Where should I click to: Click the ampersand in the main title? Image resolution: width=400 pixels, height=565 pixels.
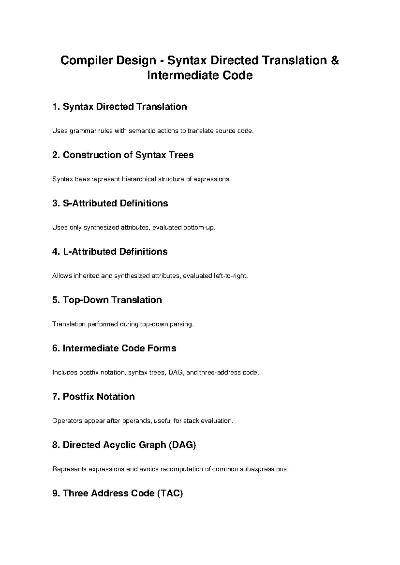[x=335, y=61]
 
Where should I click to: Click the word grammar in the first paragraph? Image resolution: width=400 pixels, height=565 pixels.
[x=82, y=131]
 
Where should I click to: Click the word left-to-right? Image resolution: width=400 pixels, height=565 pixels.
[x=230, y=276]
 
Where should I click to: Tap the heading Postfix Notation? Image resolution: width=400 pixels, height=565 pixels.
[x=99, y=396]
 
